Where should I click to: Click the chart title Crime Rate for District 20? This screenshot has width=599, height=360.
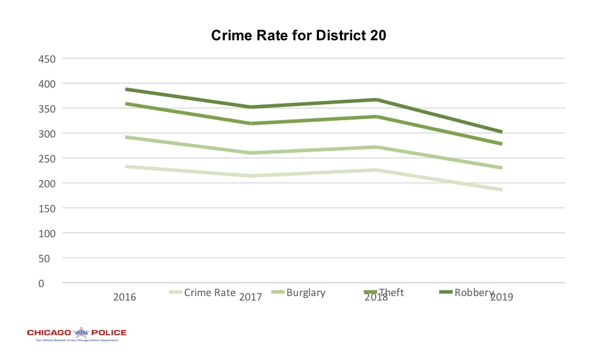pos(299,36)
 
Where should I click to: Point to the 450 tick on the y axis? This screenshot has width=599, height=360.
pos(48,59)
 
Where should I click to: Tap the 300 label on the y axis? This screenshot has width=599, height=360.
pos(48,134)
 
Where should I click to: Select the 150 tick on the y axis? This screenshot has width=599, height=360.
pos(48,208)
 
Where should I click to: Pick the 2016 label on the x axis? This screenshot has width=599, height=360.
pos(125,297)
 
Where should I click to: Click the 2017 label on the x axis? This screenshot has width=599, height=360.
pos(251,297)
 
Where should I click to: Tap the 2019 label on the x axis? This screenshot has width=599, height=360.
pos(502,297)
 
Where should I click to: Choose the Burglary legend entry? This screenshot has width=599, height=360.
pos(306,293)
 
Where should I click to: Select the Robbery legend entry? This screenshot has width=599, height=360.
pos(474,293)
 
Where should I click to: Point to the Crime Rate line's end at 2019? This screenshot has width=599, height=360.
pos(502,190)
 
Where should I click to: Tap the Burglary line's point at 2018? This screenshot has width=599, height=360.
pos(377,147)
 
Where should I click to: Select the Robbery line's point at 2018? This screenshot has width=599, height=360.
pos(377,100)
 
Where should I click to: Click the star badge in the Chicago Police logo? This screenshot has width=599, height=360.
pos(81,333)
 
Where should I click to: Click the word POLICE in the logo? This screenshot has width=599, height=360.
pos(108,333)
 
